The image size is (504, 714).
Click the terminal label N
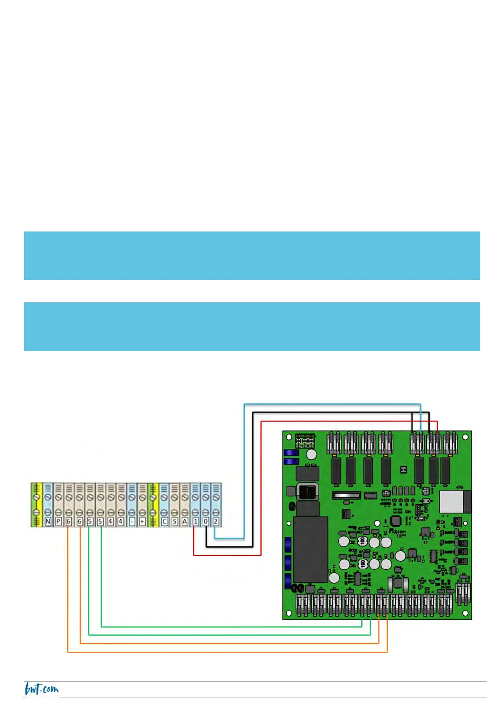[47, 521]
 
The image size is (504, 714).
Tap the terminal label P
[58, 521]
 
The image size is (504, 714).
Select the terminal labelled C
[164, 521]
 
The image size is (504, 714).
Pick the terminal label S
[174, 521]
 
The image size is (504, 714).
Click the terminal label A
[185, 521]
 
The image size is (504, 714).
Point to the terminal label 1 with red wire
[195, 521]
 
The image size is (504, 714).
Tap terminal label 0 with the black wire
[205, 521]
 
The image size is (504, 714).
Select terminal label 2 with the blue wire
[216, 521]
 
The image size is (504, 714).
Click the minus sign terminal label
[132, 521]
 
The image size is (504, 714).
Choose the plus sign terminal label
[142, 521]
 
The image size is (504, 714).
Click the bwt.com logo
[42, 689]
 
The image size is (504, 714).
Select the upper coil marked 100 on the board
[363, 541]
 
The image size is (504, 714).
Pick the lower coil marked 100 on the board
[363, 563]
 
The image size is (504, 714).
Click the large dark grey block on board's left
[310, 549]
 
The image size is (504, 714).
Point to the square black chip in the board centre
[395, 521]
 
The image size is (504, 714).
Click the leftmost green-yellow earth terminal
[36, 505]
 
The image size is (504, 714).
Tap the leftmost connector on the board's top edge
[334, 443]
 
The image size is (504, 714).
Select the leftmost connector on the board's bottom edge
[303, 605]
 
